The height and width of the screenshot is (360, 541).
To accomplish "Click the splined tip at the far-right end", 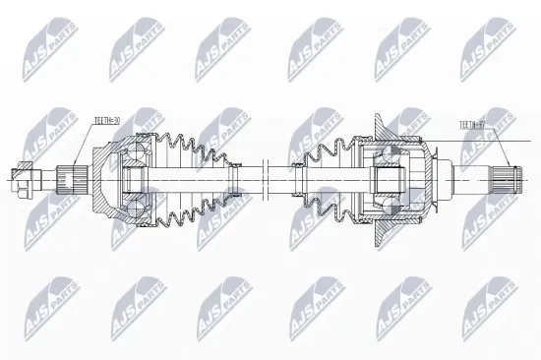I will (x=510, y=180).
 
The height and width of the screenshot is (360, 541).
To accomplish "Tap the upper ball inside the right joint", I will (x=391, y=157).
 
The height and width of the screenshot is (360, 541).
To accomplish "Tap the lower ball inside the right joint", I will (x=391, y=204).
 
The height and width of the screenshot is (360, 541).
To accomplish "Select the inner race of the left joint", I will (x=132, y=180).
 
